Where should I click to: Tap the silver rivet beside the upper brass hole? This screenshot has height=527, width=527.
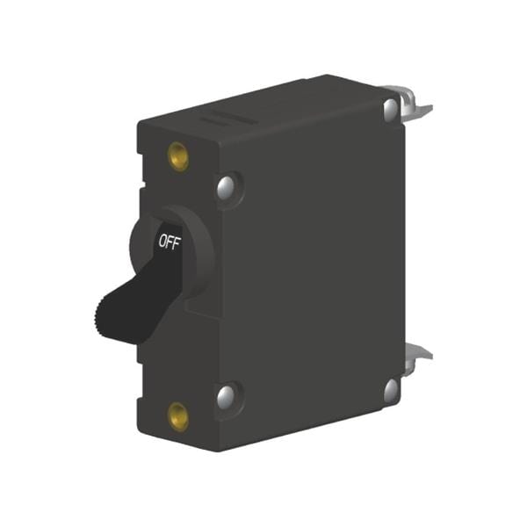[226, 186]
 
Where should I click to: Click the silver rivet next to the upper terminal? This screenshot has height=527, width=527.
[390, 109]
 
